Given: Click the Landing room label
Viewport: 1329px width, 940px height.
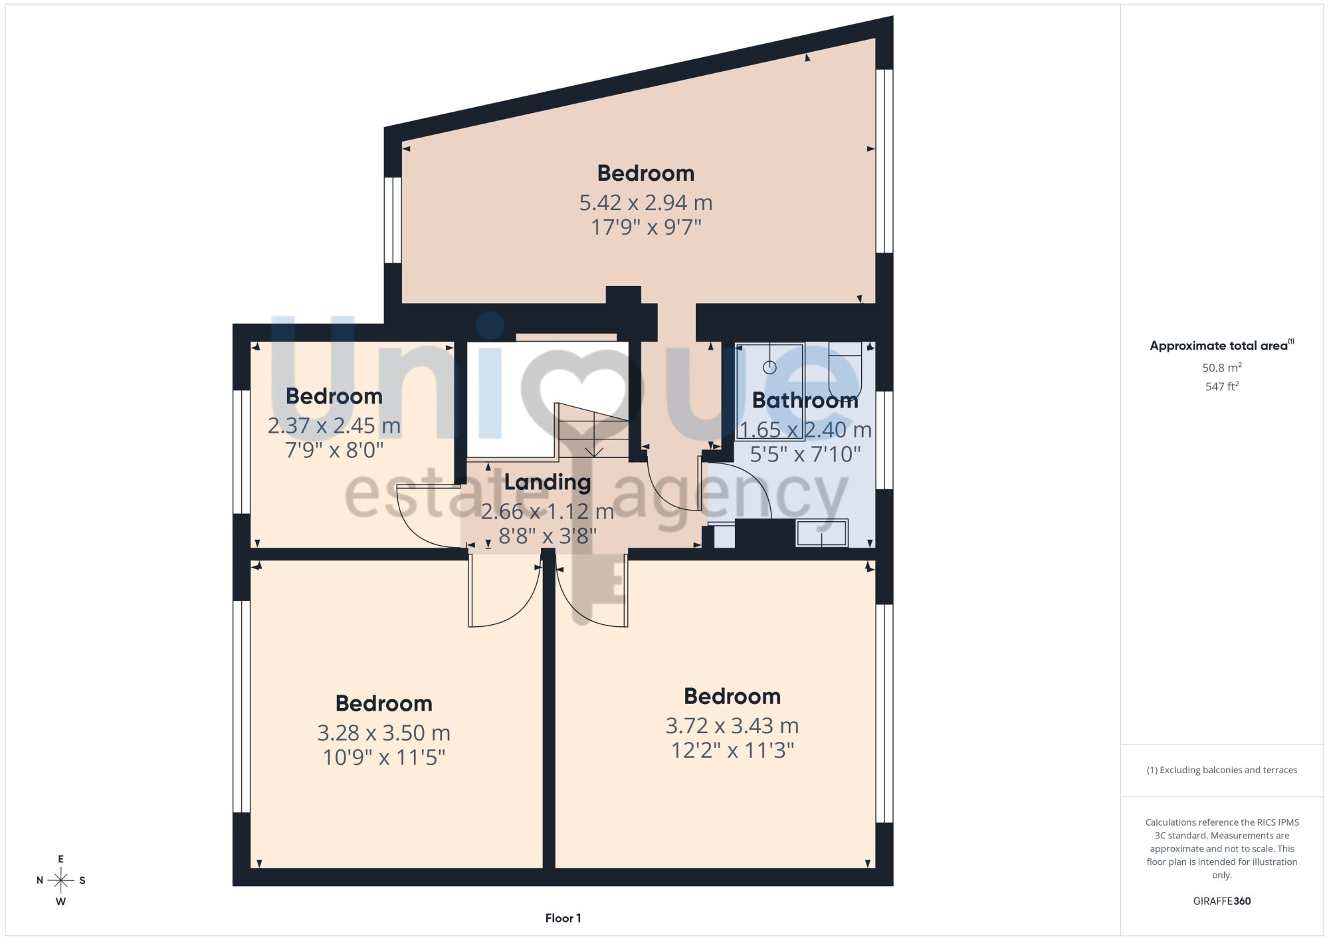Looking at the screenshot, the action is tap(548, 483).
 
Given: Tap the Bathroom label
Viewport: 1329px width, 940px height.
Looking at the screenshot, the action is tap(805, 400).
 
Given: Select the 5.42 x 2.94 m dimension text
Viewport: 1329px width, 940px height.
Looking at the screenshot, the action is tap(646, 202).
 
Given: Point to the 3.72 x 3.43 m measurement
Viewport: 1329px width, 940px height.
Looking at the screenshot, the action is tap(732, 725).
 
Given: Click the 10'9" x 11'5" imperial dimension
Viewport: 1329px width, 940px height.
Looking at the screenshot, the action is tap(384, 757).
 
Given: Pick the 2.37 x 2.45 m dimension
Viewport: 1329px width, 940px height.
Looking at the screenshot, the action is tap(334, 425).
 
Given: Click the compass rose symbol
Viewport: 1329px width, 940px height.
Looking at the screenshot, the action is tap(60, 880).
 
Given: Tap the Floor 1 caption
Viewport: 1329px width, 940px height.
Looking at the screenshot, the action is tap(563, 918).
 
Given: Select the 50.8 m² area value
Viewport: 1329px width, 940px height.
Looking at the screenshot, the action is tap(1222, 367).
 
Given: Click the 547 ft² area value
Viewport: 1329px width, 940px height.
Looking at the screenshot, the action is tap(1222, 386).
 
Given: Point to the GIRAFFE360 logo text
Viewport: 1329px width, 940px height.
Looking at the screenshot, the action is tap(1222, 901).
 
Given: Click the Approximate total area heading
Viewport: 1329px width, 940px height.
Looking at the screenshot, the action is tap(1222, 345).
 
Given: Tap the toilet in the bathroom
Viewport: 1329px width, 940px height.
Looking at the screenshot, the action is tap(845, 370).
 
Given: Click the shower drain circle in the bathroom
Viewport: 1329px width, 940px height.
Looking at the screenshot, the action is tap(769, 367).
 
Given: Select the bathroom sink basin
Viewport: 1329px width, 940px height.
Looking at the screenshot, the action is tap(822, 533).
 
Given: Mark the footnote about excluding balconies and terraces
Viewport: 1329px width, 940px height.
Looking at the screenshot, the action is tap(1222, 770).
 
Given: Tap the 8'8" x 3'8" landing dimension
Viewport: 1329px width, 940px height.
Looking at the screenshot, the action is tap(548, 536).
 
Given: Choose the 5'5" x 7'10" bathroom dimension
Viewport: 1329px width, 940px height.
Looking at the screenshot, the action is tap(805, 455).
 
